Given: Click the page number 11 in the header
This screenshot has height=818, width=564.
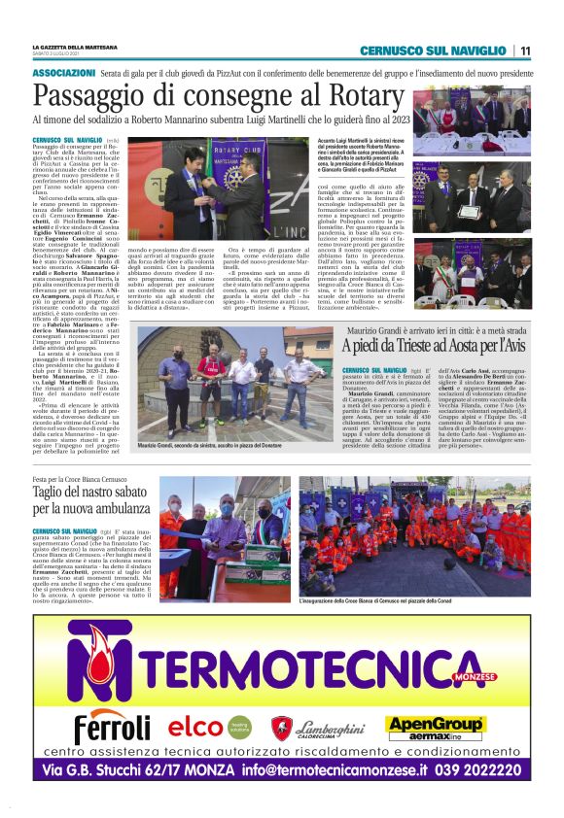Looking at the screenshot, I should pos(524,51).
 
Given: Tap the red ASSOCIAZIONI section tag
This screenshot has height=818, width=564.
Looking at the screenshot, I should pos(63,74).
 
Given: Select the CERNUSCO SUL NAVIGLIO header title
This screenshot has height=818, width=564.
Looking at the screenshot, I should pos(433,51).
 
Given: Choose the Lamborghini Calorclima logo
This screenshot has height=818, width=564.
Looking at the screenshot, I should pos(320,727).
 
